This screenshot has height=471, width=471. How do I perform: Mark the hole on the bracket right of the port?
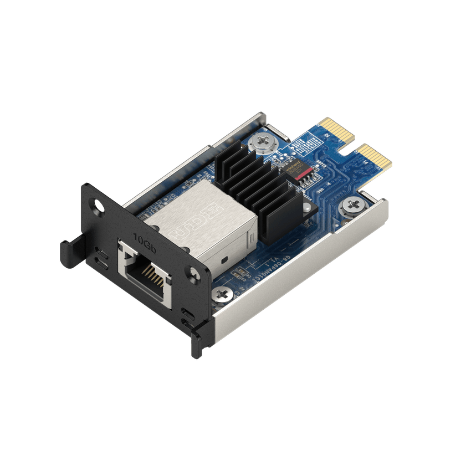click(x=194, y=272)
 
